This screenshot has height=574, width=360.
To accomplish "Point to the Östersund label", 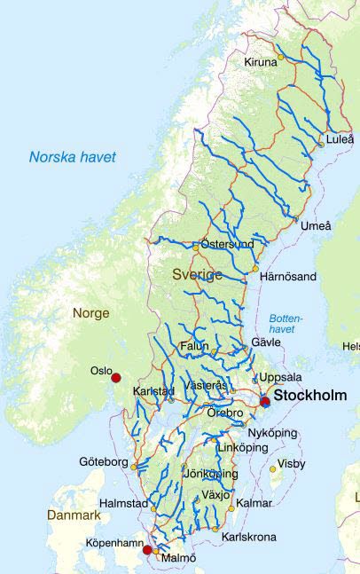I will (228, 244).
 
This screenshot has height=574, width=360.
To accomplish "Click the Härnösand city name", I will (287, 277).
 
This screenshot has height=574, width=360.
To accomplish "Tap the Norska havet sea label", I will (73, 158).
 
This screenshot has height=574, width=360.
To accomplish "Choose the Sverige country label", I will (197, 275).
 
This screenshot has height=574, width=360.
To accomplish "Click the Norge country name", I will (90, 313).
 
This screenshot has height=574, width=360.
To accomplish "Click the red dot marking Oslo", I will (115, 378).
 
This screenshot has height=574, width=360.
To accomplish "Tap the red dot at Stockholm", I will (265, 402).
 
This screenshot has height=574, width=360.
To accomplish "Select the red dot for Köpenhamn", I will (147, 550).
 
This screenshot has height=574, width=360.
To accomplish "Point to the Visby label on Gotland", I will (291, 464).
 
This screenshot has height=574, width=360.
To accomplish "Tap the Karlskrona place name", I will (248, 537).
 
